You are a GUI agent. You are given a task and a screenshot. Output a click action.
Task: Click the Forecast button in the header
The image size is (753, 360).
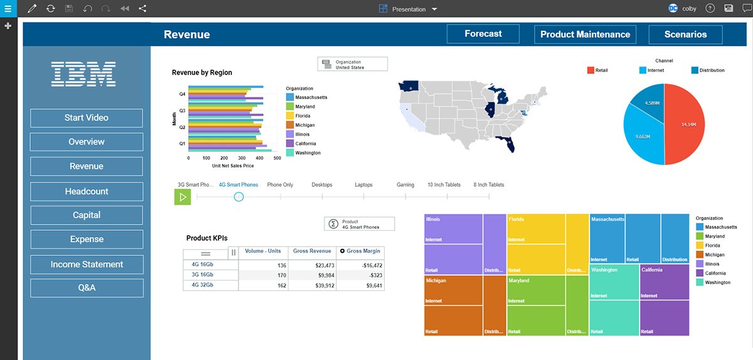[x=483, y=34]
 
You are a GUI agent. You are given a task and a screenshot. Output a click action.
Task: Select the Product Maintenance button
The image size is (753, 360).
[x=585, y=34]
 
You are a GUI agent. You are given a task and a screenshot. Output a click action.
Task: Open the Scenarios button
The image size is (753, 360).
[x=685, y=34]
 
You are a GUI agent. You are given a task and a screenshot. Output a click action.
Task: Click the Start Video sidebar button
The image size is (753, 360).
[x=87, y=118]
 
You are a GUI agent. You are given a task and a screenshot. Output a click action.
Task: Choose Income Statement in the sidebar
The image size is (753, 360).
[x=87, y=265]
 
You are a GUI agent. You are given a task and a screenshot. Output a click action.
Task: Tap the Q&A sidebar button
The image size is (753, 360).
[x=87, y=289]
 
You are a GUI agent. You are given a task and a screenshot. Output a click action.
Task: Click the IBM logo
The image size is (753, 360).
[x=83, y=74]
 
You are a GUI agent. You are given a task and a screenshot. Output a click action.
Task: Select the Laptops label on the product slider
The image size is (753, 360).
[x=363, y=185]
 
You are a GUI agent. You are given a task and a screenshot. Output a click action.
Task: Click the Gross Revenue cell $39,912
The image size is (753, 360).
[x=316, y=285]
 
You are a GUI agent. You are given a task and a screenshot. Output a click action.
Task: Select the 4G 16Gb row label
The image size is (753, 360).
[x=202, y=265]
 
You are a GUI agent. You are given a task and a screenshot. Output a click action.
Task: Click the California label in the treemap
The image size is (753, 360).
[x=652, y=270]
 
